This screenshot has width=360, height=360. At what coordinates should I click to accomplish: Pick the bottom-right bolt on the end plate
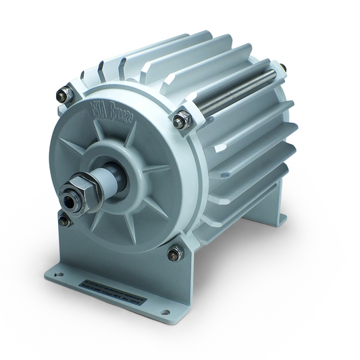(x=174, y=253)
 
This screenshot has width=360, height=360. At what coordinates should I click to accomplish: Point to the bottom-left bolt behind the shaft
(x=65, y=220)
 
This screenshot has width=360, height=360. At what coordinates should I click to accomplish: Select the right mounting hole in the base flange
(x=164, y=312)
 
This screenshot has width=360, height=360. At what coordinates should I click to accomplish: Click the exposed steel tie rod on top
(x=236, y=95)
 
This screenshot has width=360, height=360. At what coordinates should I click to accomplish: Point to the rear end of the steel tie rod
(x=279, y=70)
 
